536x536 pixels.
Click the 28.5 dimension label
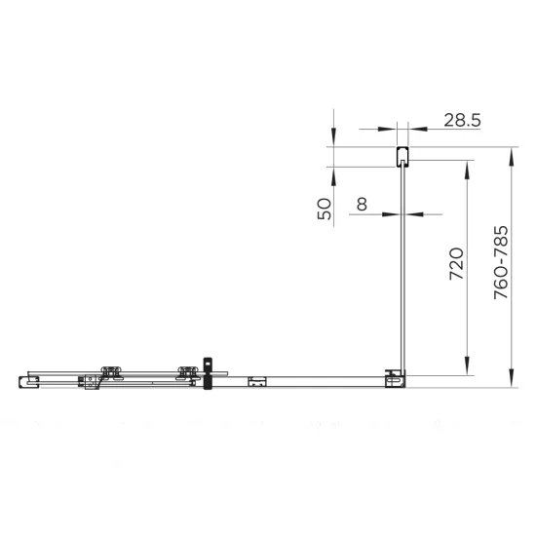pos(462,120)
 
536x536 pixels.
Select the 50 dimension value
pos(325,209)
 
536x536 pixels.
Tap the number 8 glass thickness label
pos(362,204)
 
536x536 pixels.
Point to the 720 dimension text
pos(456,264)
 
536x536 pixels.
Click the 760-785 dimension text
pos(501,262)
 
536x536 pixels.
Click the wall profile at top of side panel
pos(402,157)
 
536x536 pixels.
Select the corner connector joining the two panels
pos(395,378)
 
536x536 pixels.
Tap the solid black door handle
pos(208,373)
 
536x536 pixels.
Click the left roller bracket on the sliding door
pos(111,373)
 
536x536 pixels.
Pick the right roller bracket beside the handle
pos(188,373)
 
